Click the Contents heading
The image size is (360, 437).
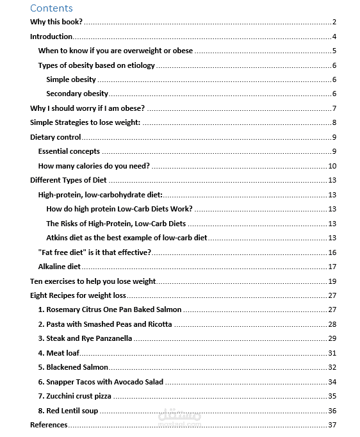pyautogui.click(x=51, y=8)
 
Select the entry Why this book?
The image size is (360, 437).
pyautogui.click(x=56, y=22)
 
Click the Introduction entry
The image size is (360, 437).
pyautogui.click(x=51, y=37)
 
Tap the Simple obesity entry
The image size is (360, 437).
pyautogui.click(x=71, y=79)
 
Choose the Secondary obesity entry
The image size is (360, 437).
pyautogui.click(x=78, y=94)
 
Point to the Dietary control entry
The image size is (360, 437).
pyautogui.click(x=56, y=137)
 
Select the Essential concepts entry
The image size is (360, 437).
pyautogui.click(x=69, y=151)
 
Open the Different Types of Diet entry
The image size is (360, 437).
pyautogui.click(x=69, y=180)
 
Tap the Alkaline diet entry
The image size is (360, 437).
pyautogui.click(x=60, y=267)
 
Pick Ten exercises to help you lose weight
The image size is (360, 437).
pyautogui.click(x=93, y=281)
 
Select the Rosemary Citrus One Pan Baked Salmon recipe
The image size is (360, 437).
pyautogui.click(x=110, y=309)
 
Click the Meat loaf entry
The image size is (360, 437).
pyautogui.click(x=59, y=353)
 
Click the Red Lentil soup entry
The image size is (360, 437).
pyautogui.click(x=68, y=411)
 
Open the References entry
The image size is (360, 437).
pyautogui.click(x=49, y=424)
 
